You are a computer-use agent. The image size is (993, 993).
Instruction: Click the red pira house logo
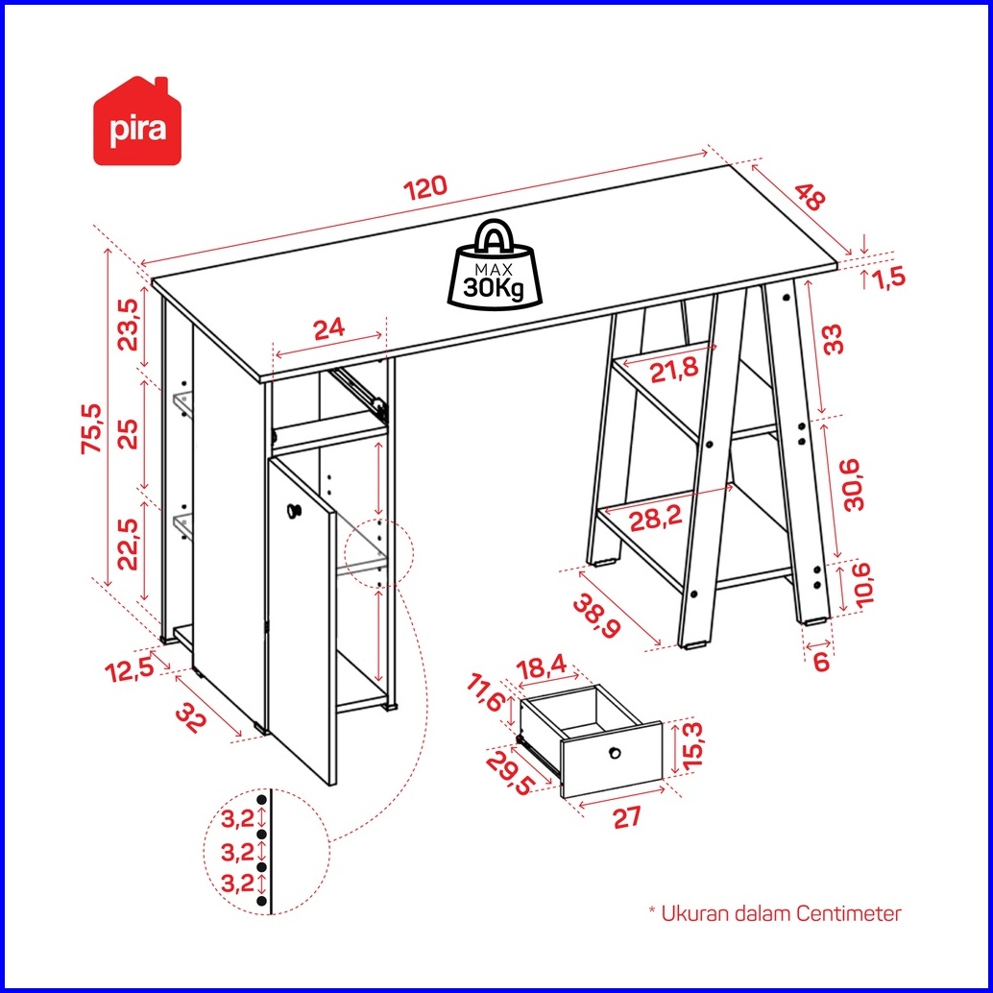137,121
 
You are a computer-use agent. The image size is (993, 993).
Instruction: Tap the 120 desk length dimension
426,188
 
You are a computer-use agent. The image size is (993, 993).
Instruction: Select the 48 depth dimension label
810,196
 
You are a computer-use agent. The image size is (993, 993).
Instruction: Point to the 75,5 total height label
92,428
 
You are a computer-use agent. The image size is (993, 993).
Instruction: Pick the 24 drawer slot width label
329,328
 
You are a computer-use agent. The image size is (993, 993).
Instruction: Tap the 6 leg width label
821,661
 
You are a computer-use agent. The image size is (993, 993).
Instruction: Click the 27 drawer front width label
628,817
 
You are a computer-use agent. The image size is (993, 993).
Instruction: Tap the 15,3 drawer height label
693,744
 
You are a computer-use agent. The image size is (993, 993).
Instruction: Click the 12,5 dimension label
130,669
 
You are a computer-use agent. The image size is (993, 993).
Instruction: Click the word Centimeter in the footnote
849,914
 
